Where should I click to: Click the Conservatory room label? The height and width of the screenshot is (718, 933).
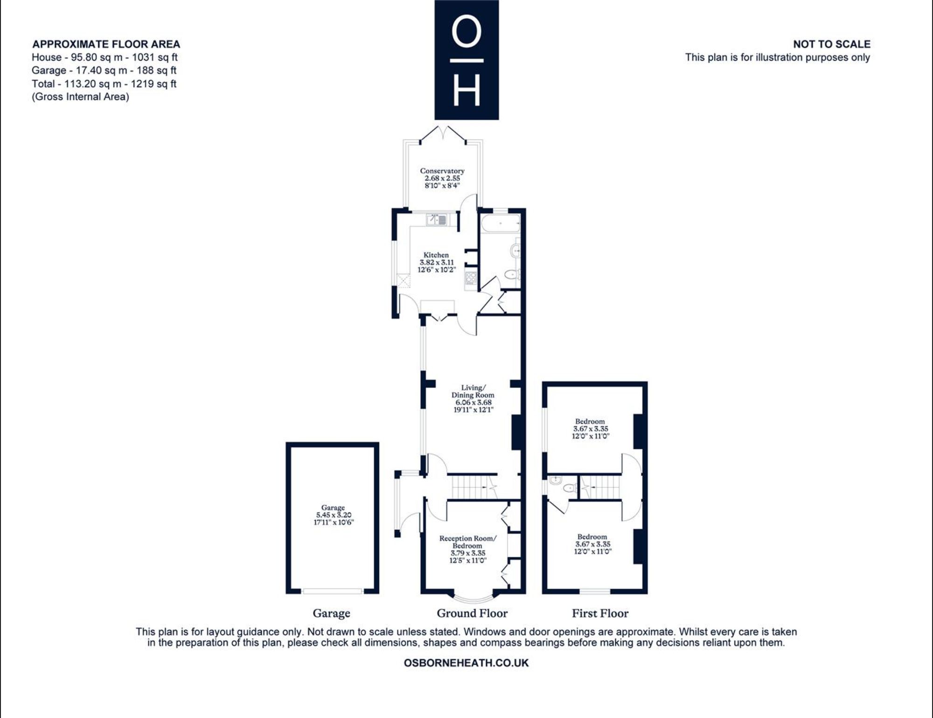[x=442, y=171]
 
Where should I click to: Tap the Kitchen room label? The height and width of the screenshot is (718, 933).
[x=436, y=255]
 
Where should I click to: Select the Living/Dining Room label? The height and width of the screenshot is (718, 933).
[x=473, y=391]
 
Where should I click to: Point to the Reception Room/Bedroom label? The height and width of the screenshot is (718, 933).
[x=467, y=542]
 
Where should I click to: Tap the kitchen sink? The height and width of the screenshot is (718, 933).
[x=436, y=219]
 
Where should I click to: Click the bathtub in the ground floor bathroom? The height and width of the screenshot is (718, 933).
[x=501, y=224]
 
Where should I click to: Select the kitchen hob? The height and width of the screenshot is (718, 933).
[x=471, y=278]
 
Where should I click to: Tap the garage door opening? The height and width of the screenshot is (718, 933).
[x=333, y=591]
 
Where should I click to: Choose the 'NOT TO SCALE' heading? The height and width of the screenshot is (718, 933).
[x=832, y=44]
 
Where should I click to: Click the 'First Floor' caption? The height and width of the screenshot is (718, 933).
[x=600, y=613]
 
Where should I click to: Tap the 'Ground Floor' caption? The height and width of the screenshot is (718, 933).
[x=472, y=613]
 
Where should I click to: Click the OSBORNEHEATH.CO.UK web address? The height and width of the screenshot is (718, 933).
[x=466, y=663]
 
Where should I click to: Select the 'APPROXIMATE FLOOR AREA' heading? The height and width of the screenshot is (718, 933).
[x=106, y=44]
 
